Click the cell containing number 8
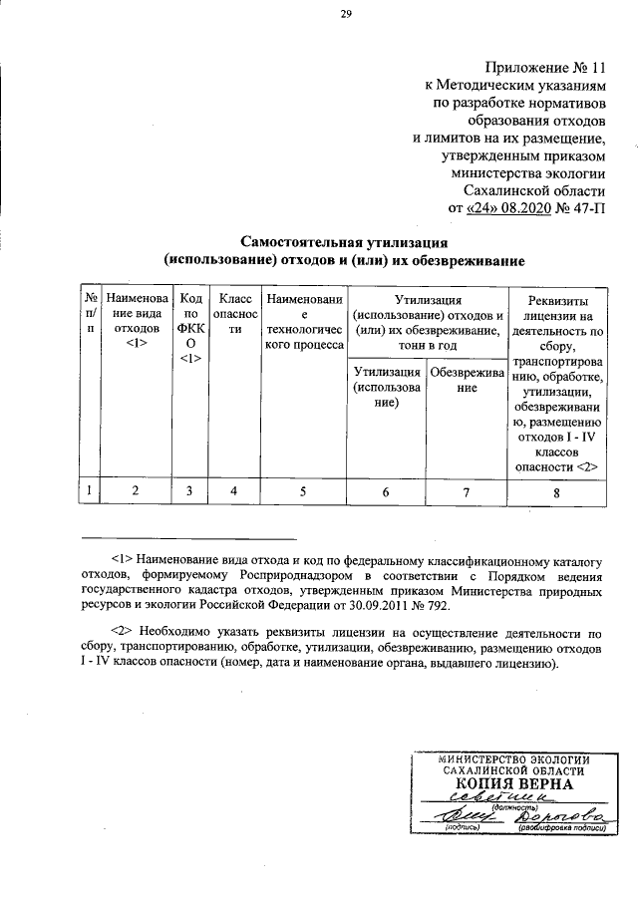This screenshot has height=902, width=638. coord(556,491)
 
